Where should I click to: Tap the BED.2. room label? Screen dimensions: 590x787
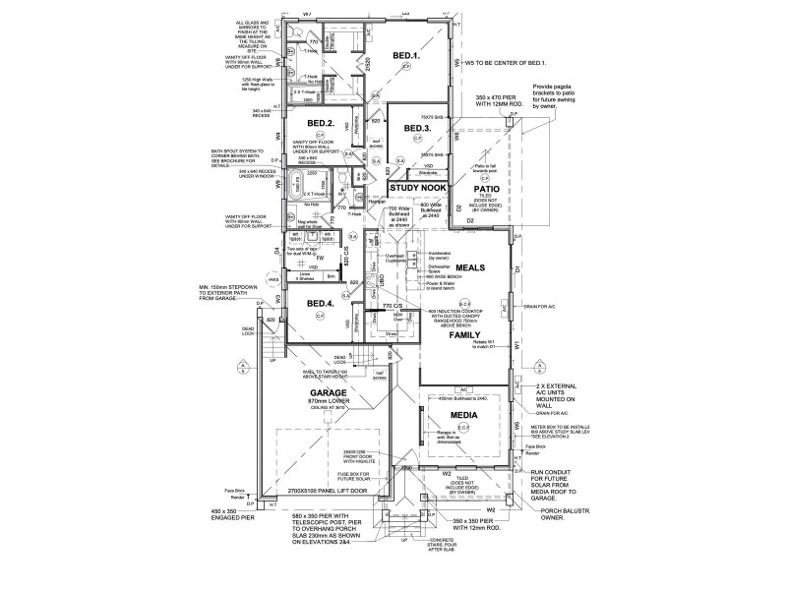point(322,124)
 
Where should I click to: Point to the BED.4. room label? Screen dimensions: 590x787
point(321,304)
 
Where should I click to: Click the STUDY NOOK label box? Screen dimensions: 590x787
point(417,186)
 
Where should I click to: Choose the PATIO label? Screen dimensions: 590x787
point(487,188)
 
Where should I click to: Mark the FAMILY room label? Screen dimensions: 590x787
point(464,335)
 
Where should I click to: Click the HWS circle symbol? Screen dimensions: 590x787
point(262,280)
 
